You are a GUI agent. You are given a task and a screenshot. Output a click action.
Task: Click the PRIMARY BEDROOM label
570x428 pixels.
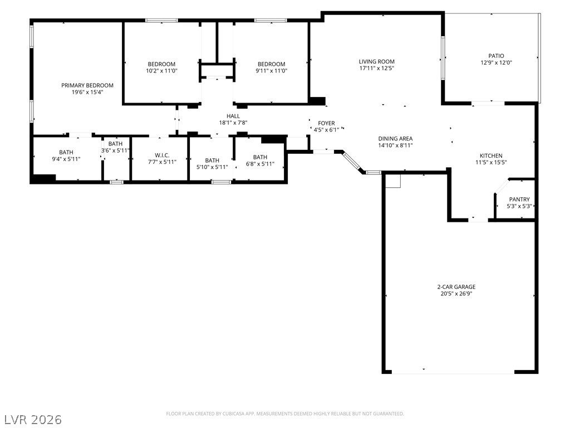coord(87,85)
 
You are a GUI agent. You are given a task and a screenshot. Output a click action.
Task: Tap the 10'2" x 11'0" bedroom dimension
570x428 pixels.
coord(162,71)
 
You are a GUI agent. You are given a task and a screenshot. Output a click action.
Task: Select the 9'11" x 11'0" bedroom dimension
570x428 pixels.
coord(272,71)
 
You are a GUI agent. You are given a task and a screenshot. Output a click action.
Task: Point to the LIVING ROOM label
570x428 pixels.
coord(377,61)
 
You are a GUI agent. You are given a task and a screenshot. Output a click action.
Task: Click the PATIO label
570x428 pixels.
coord(496,56)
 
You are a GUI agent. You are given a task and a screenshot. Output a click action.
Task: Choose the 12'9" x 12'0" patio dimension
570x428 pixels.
coord(496,62)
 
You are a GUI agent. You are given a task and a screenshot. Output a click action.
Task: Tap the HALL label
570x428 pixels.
coord(233,116)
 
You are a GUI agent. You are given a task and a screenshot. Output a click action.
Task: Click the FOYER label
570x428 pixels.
coord(326,123)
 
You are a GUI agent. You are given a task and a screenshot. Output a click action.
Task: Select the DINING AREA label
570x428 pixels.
coord(396,138)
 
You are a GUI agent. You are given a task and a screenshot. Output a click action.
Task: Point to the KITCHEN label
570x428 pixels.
coord(491,155)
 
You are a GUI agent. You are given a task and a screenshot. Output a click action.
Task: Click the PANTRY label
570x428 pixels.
coord(519,199)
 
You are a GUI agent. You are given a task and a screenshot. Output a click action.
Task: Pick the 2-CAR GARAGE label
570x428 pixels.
coord(456,287)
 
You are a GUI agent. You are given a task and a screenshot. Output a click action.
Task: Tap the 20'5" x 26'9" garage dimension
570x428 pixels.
coord(456,294)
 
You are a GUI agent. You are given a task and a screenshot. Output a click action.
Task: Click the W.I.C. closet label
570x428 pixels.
coord(162,155)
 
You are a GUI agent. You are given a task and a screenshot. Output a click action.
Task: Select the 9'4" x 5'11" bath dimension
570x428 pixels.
coord(66,159)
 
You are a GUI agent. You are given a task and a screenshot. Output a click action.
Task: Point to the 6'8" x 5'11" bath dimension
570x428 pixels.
coord(261,164)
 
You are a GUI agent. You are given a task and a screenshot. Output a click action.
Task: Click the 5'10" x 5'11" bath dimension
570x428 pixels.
coord(212,167)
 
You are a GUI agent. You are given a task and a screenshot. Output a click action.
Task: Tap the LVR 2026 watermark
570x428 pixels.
coord(33,420)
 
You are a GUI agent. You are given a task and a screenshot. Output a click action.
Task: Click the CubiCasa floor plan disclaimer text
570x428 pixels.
coord(285,414)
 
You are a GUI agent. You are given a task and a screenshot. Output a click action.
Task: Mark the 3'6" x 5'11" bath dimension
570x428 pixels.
coord(115,150)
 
